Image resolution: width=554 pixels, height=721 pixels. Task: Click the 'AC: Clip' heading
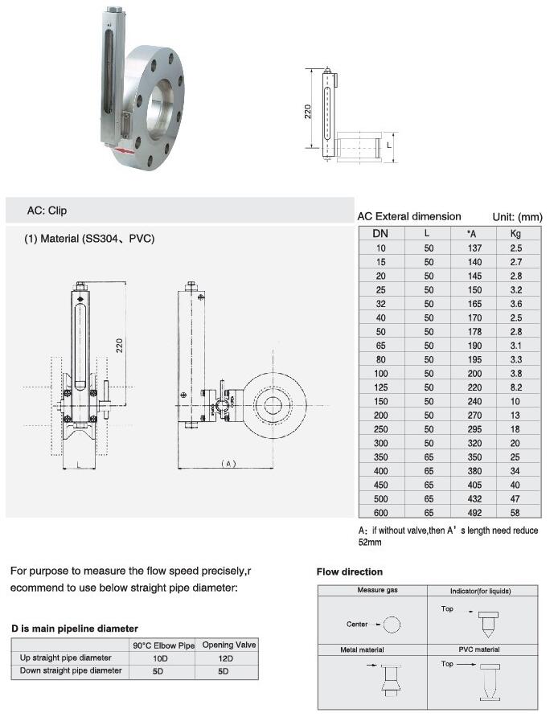[47, 211]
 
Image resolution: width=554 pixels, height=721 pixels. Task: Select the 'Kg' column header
[515, 233]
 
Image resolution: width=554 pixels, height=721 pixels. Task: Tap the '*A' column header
[474, 233]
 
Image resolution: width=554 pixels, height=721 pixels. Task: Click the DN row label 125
[380, 387]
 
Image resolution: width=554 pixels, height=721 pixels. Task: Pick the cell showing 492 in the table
[474, 511]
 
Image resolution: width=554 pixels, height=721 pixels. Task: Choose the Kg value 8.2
[515, 387]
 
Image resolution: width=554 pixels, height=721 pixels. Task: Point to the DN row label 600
[380, 511]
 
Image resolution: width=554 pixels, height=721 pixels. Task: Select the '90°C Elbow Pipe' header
[164, 645]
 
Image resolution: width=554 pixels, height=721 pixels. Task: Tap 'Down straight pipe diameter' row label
[71, 670]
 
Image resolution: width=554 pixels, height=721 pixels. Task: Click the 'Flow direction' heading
[350, 572]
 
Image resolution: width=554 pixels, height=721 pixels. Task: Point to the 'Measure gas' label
[377, 591]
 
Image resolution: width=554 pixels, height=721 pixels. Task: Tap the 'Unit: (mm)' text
[517, 217]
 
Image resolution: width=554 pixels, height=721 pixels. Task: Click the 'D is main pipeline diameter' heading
[74, 628]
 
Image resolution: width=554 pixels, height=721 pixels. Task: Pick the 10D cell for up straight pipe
[164, 658]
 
